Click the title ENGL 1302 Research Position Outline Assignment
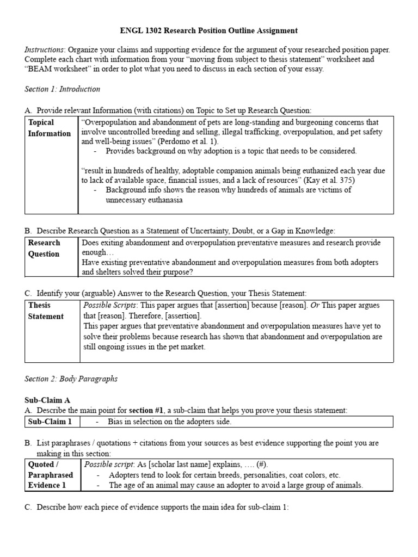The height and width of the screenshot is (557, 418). [x=208, y=31]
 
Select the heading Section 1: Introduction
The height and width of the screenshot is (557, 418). [x=63, y=89]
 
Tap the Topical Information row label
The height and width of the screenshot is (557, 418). [x=50, y=128]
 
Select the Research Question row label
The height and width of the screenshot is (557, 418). [x=44, y=248]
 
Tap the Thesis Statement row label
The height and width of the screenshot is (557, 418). [x=46, y=311]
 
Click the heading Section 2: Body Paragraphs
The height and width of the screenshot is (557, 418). [x=71, y=379]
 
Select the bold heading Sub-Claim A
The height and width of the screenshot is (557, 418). [x=48, y=400]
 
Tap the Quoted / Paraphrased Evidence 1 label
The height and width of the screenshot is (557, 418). [x=50, y=475]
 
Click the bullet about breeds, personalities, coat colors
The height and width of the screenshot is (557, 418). [x=224, y=475]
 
